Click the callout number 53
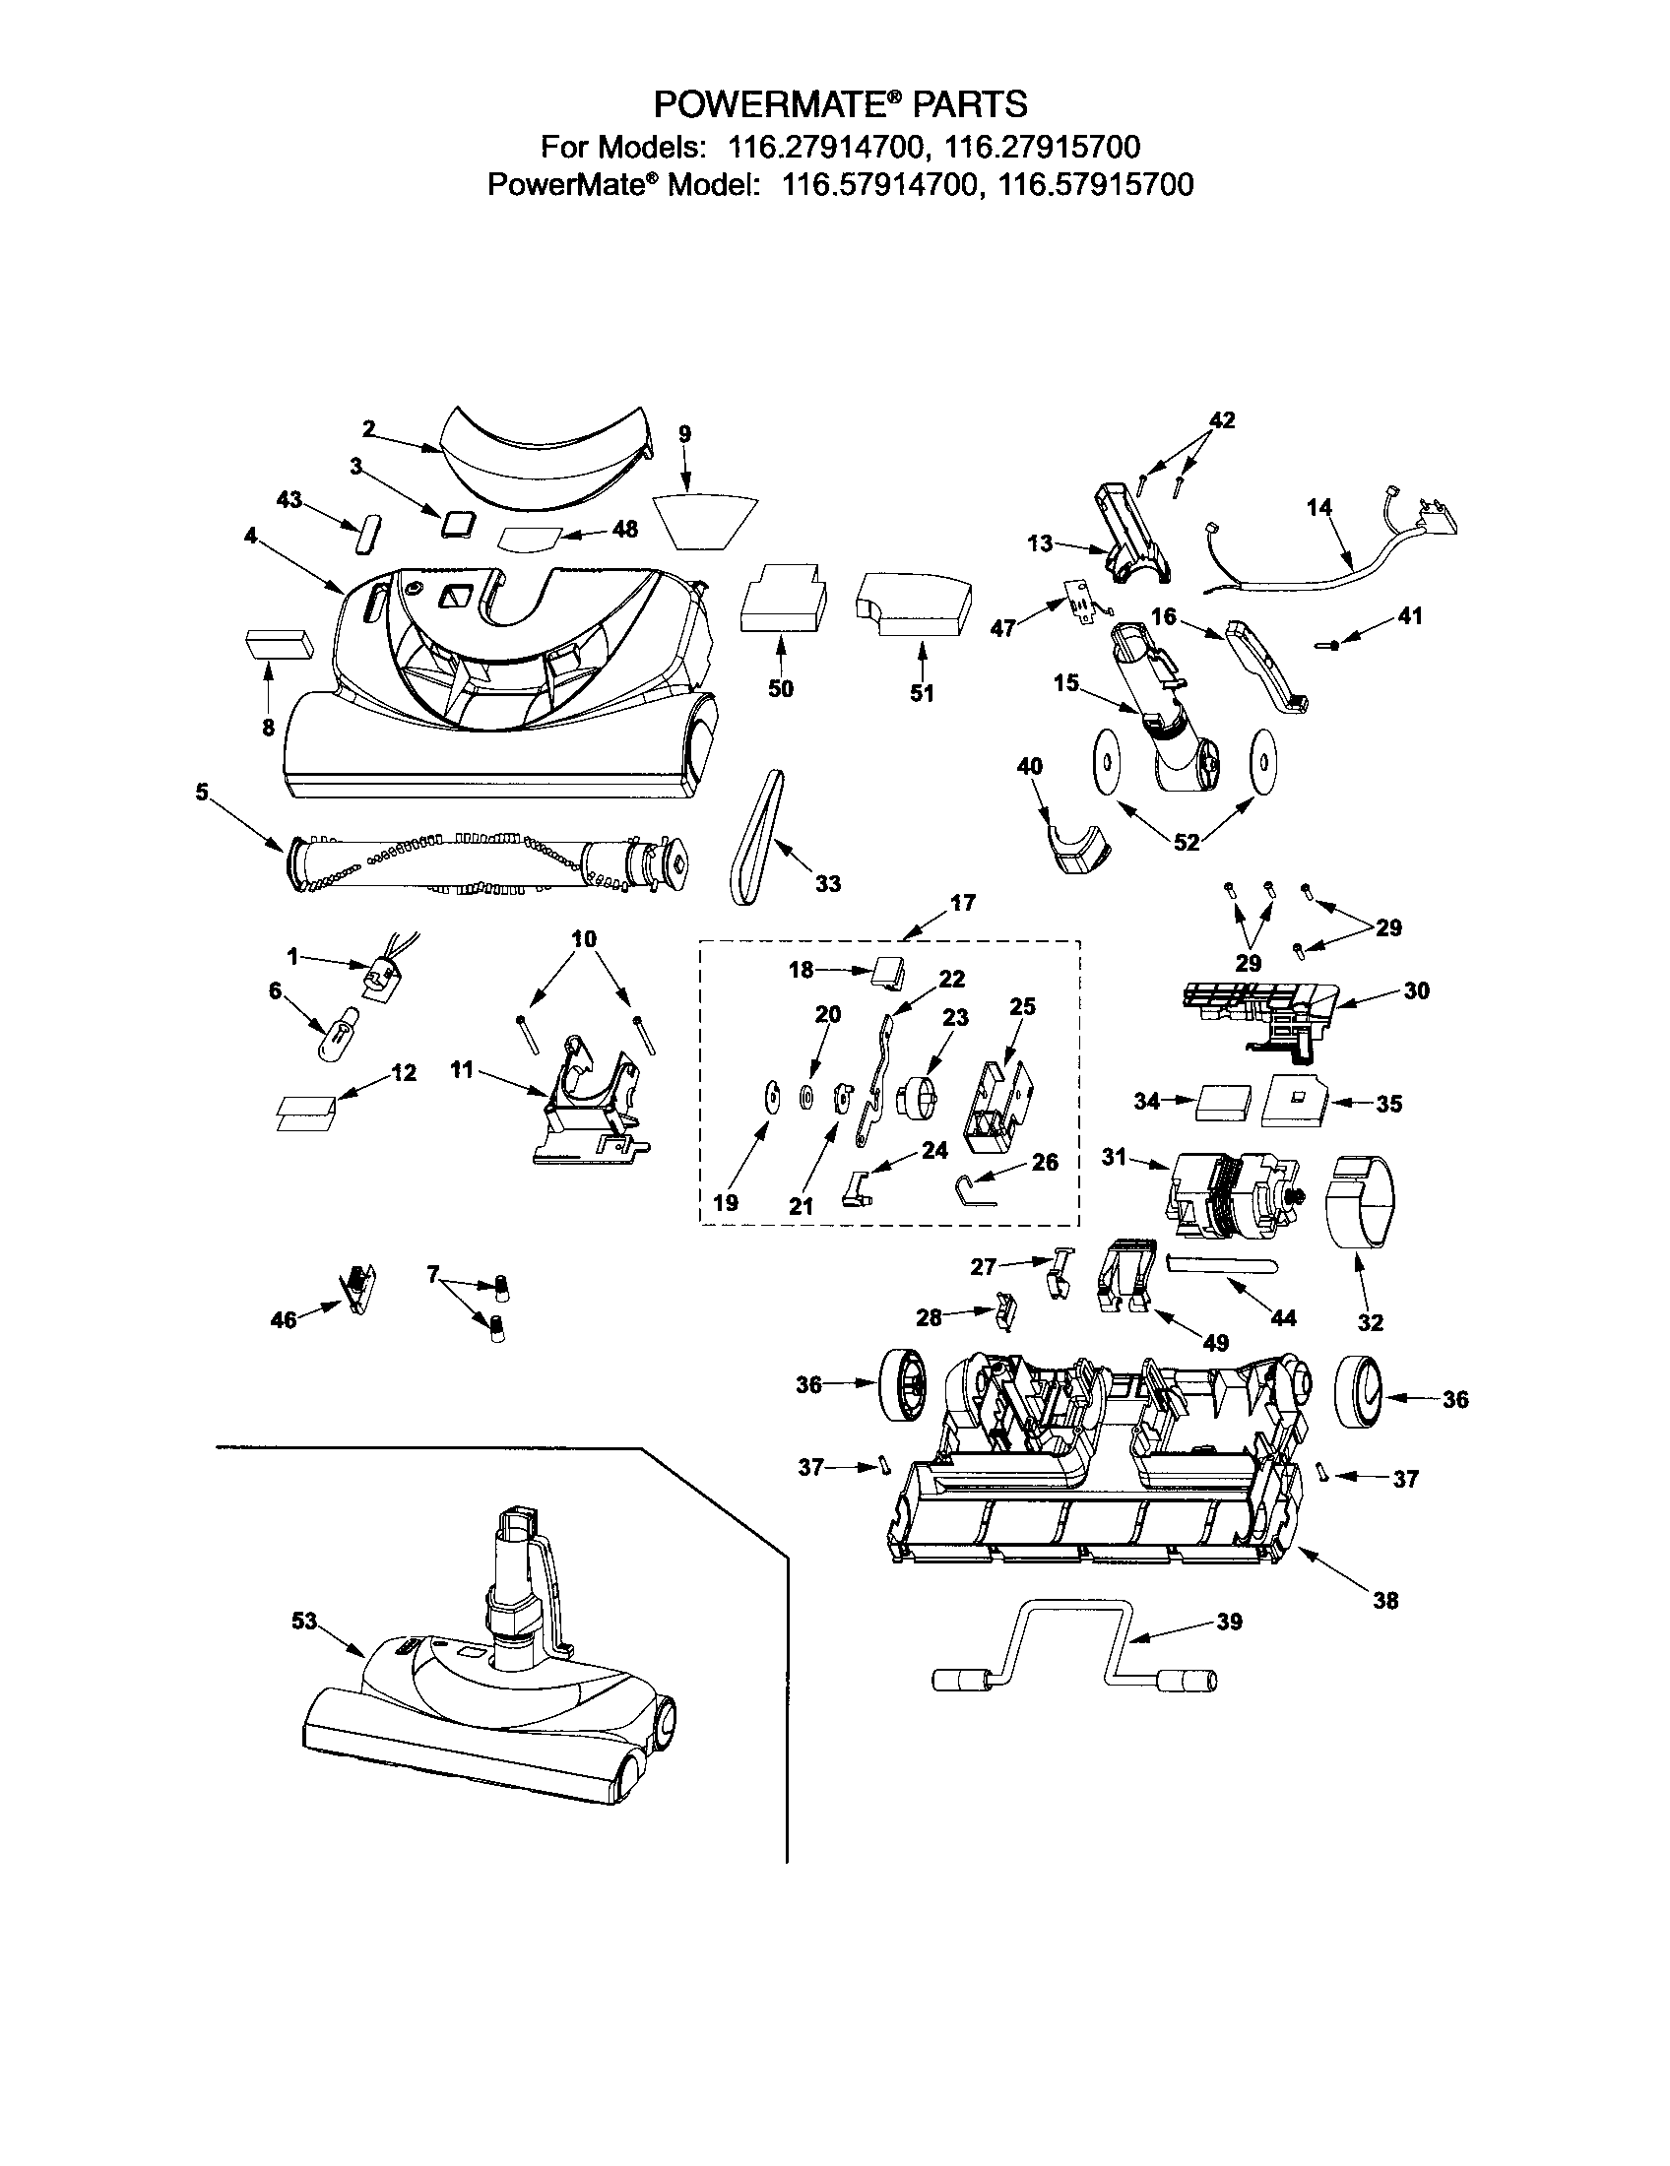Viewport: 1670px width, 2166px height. point(303,1621)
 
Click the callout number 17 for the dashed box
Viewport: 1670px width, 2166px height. point(962,903)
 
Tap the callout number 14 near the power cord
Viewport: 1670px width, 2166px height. point(1318,508)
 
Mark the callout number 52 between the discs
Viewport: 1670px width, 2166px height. point(1187,842)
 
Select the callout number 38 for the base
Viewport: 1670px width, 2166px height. point(1384,1600)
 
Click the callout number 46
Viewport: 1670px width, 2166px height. point(284,1320)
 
